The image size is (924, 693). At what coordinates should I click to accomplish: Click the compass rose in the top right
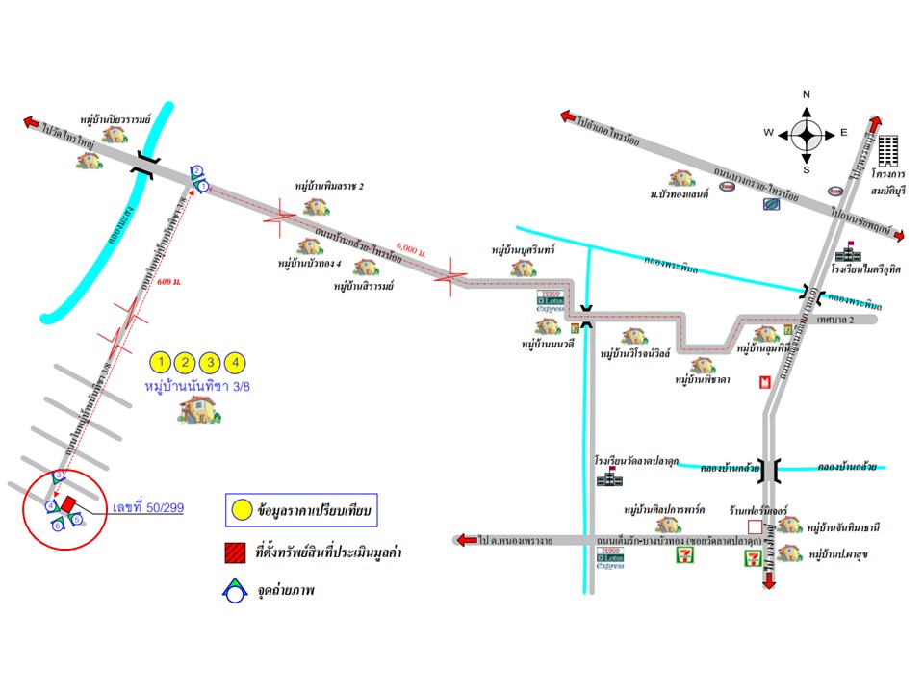807,132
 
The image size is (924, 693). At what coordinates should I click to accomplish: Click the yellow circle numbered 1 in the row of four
162,363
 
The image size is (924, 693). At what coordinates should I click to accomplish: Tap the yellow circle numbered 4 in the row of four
236,363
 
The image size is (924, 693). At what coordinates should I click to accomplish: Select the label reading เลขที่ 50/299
148,508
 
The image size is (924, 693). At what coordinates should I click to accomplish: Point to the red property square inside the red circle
68,503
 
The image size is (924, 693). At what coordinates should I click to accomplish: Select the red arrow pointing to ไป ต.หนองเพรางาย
465,540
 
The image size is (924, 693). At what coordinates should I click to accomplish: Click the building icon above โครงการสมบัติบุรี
885,153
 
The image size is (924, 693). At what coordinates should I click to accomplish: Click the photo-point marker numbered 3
59,476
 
